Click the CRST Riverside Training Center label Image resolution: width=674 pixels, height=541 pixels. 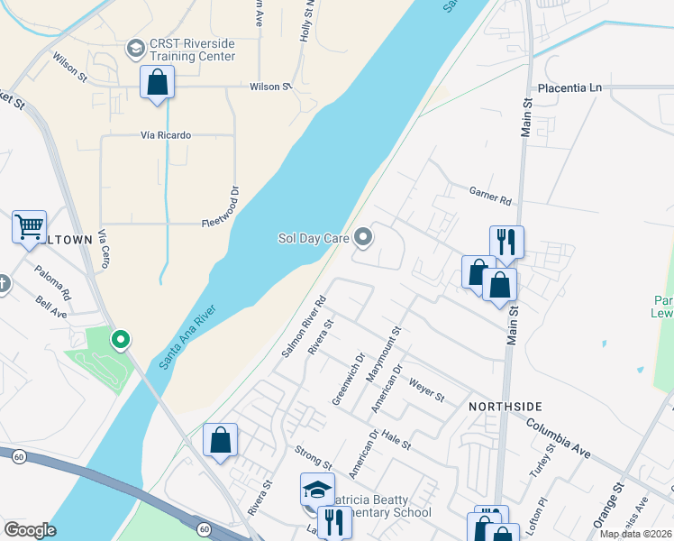193,50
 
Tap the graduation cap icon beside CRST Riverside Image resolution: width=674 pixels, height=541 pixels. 136,49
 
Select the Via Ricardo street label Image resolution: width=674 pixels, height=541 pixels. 166,135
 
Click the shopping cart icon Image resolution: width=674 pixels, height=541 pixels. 29,227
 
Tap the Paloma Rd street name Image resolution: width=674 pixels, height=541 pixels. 53,281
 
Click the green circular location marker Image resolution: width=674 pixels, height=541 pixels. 120,340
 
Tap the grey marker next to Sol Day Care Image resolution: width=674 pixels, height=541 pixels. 364,238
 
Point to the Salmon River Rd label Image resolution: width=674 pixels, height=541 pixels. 302,326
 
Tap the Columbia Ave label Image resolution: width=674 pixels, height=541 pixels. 559,436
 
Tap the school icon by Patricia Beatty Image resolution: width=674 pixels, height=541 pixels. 317,490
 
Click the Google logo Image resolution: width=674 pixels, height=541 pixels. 30,529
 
